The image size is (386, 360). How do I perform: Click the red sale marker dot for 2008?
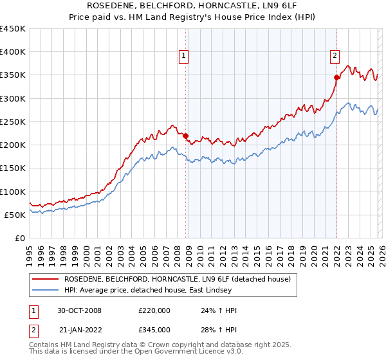tap(186, 136)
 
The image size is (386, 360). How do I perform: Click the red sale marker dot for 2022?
tap(336, 77)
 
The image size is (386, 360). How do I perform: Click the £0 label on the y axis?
tap(20, 238)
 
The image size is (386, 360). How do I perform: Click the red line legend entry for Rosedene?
tap(177, 279)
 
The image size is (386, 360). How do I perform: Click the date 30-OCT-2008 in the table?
tap(79, 310)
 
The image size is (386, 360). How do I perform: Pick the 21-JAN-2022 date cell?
tap(79, 330)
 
